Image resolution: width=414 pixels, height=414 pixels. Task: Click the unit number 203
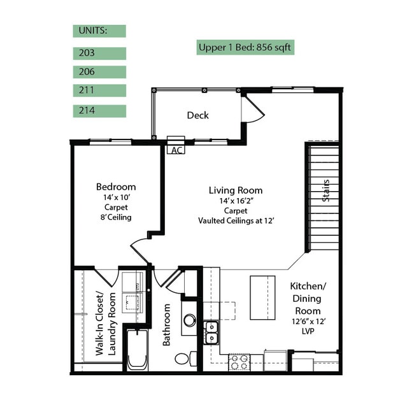(x=87, y=53)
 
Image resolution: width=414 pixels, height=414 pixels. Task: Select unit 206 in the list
(x=87, y=72)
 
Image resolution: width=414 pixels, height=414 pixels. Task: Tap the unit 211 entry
(x=87, y=90)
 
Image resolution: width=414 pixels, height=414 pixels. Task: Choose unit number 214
(x=87, y=110)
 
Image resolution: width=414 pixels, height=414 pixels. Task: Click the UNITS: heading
(x=93, y=31)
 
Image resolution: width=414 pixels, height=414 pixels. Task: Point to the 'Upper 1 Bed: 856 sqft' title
(x=245, y=48)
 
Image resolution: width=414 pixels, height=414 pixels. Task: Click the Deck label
(x=197, y=115)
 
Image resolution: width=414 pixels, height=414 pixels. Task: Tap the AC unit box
(x=176, y=145)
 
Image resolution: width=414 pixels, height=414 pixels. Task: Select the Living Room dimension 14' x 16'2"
(x=236, y=201)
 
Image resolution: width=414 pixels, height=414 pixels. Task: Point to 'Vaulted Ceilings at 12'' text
(x=236, y=220)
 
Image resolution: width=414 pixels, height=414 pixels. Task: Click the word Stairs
(x=326, y=190)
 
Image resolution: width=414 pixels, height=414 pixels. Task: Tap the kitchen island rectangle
(x=262, y=297)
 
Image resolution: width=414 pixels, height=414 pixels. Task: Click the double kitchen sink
(x=211, y=332)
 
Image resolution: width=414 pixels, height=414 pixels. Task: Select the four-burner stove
(x=239, y=362)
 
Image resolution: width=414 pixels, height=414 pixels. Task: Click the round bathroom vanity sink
(x=190, y=320)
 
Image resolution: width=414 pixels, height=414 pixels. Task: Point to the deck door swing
(x=253, y=109)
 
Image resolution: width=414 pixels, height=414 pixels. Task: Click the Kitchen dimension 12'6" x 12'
(x=308, y=322)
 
